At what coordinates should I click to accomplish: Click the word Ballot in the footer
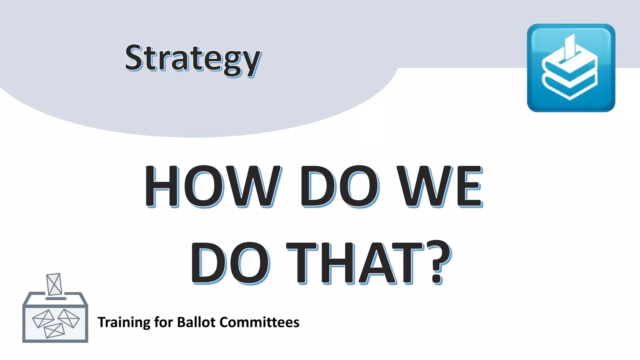196,322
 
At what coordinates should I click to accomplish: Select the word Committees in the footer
259,322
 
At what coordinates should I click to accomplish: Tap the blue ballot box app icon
571,68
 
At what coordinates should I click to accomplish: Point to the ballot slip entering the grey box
54,284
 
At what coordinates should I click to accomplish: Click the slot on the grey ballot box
56,298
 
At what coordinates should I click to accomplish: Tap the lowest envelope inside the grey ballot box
54,331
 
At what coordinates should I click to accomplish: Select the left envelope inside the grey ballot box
43,319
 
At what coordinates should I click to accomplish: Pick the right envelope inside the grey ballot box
68,318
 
